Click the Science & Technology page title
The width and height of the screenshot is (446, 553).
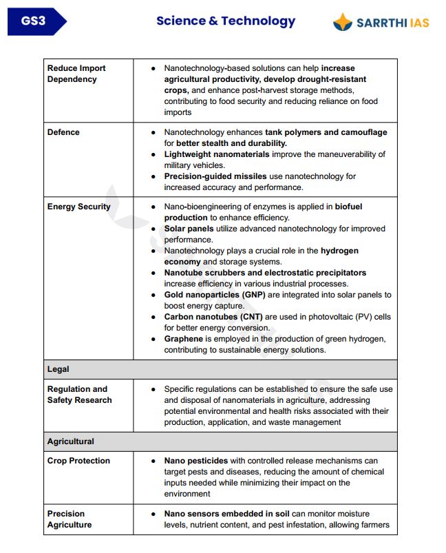226,21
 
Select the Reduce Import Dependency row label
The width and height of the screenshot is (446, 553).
76,74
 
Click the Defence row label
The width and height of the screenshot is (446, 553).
63,132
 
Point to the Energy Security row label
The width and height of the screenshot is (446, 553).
78,207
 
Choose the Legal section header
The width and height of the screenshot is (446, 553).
59,369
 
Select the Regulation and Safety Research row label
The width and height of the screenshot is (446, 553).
78,395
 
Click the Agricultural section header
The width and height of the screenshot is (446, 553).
71,441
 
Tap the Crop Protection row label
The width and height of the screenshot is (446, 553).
78,461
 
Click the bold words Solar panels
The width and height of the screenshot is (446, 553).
189,229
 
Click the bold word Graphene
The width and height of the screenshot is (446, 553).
183,339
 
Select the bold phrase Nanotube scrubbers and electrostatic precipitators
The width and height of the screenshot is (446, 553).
265,273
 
